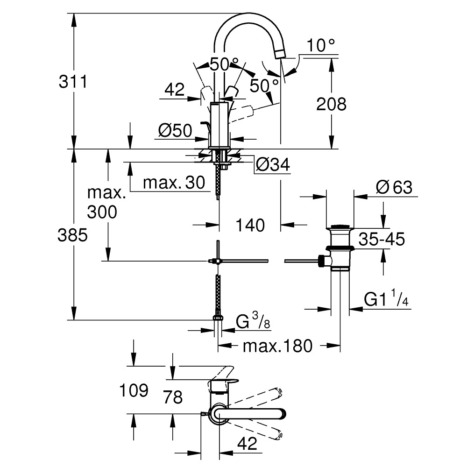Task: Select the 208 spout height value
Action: tap(332, 104)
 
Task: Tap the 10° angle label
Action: tap(321, 46)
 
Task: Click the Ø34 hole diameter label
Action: tap(273, 165)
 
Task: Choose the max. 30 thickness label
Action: tap(174, 183)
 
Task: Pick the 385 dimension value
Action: tap(73, 236)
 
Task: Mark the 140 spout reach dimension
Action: tap(250, 225)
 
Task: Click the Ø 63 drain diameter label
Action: tap(394, 188)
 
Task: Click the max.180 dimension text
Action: tap(277, 346)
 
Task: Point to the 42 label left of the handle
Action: tap(175, 89)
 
